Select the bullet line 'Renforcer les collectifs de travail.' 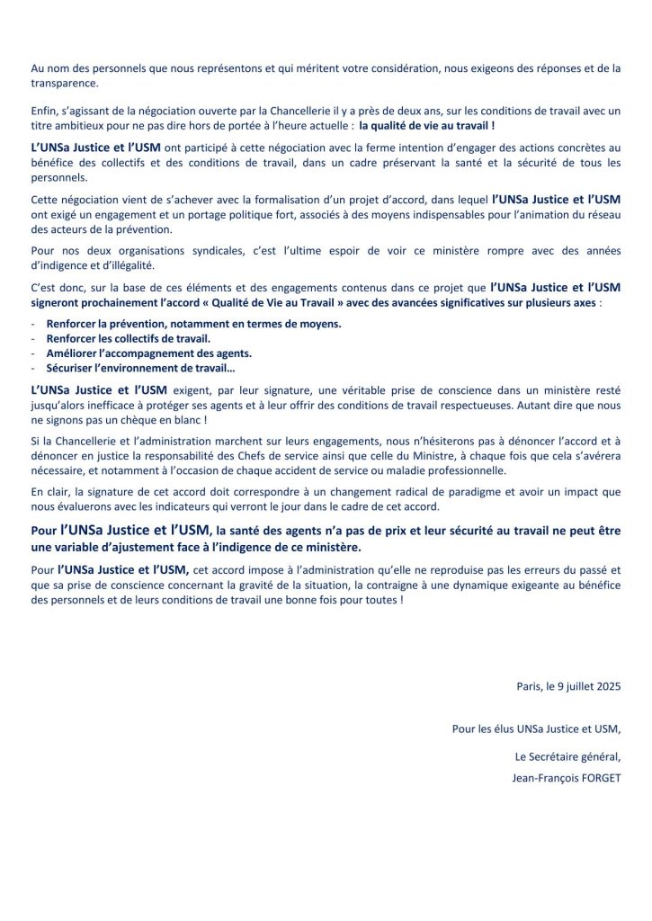coord(128,338)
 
